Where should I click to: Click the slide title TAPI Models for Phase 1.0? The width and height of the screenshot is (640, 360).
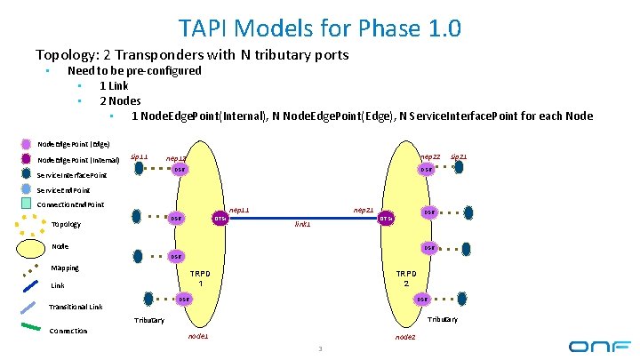click(319, 28)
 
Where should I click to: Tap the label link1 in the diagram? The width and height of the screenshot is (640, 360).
click(303, 224)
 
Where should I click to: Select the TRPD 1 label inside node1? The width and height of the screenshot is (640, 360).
click(202, 277)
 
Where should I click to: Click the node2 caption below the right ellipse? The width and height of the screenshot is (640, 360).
click(404, 337)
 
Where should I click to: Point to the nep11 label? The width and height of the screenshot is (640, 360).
click(239, 210)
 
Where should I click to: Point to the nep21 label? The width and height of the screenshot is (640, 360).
click(363, 210)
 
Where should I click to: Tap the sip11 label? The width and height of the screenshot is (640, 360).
click(140, 156)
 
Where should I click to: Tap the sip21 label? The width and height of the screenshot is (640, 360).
click(459, 156)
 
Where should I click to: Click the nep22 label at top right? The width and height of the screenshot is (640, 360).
click(430, 156)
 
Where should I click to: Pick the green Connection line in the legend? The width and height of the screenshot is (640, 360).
click(30, 327)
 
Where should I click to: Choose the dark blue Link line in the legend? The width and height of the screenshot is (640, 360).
click(30, 286)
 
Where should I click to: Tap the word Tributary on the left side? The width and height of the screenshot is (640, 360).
click(148, 320)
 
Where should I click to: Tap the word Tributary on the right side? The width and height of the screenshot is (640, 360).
click(442, 320)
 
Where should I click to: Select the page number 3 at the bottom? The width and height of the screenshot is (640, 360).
click(320, 348)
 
